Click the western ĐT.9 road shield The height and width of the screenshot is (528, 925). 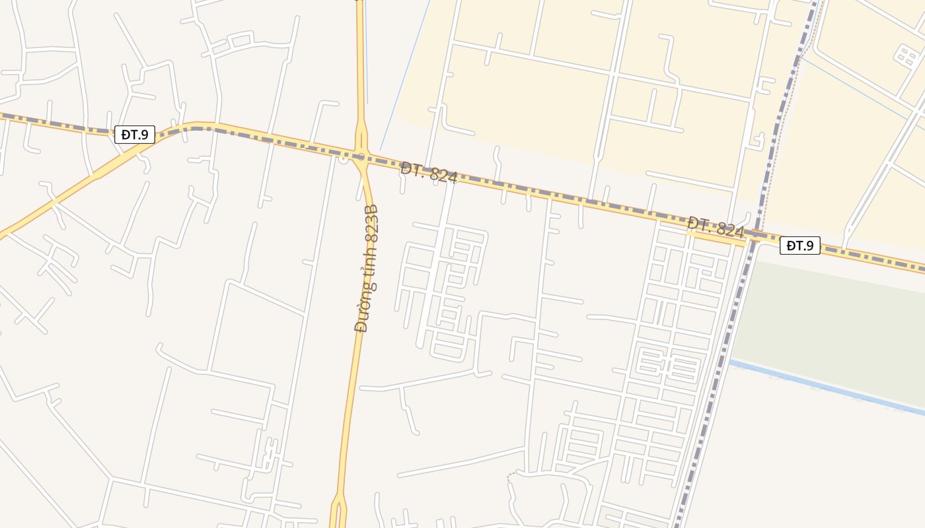point(135,135)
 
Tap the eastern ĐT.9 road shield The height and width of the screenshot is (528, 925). point(800,246)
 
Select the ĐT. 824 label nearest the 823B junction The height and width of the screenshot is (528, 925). point(429,173)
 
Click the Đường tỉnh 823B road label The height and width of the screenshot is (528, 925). point(367,269)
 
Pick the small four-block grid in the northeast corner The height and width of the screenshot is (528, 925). point(905,55)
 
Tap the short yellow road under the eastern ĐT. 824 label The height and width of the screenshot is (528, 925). point(716,239)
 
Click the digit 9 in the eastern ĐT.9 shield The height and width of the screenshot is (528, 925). point(810,246)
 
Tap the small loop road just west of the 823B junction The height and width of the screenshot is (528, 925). point(342,159)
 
